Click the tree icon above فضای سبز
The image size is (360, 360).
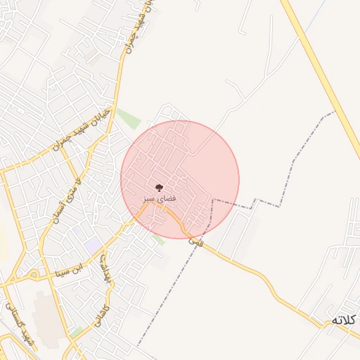point(160,188)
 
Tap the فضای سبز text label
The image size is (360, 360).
point(160,199)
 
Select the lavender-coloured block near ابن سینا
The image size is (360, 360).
point(92,246)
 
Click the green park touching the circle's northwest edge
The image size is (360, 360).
point(129,119)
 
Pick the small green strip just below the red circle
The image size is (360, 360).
point(160,240)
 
